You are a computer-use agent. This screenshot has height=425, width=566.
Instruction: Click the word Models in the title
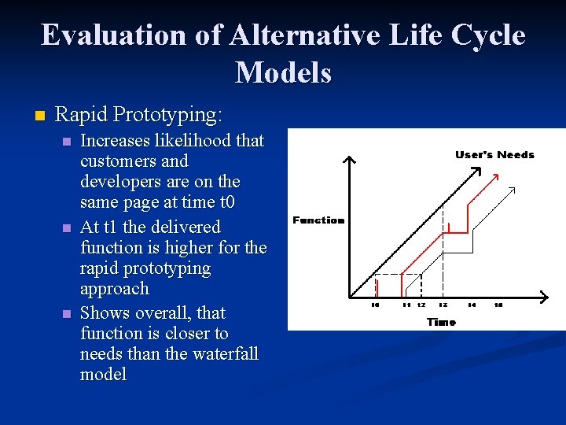tap(283, 73)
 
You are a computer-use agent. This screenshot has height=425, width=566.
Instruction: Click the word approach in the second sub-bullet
tap(114, 289)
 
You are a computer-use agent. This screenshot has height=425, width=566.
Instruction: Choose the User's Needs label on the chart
tap(494, 155)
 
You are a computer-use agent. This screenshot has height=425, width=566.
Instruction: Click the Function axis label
tap(318, 220)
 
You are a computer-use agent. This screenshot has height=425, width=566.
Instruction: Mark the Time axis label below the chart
tap(441, 321)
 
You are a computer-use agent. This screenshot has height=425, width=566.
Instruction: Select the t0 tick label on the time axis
tap(375, 305)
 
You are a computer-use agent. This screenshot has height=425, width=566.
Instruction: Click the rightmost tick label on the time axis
tap(498, 305)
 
